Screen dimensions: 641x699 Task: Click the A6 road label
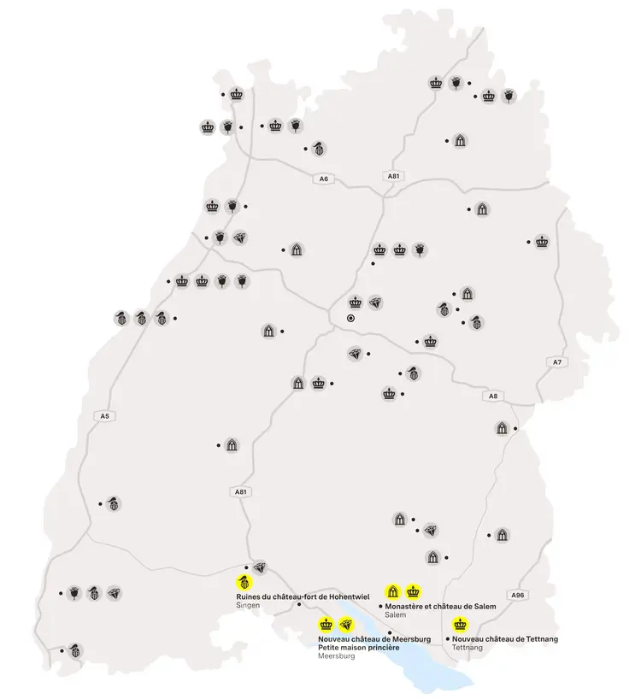pyautogui.click(x=322, y=179)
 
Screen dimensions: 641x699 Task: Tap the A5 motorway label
pyautogui.click(x=105, y=416)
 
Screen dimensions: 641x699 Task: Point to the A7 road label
pyautogui.click(x=557, y=362)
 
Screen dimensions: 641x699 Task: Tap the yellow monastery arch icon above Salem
pyautogui.click(x=393, y=590)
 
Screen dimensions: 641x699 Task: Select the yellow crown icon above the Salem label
pyautogui.click(x=414, y=590)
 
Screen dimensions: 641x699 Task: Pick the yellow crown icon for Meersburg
pyautogui.click(x=326, y=625)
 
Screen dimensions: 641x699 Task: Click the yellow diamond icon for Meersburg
pyautogui.click(x=346, y=625)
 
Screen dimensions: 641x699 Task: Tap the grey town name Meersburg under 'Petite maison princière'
pyautogui.click(x=336, y=656)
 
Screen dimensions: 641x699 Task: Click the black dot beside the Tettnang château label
pyautogui.click(x=448, y=638)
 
